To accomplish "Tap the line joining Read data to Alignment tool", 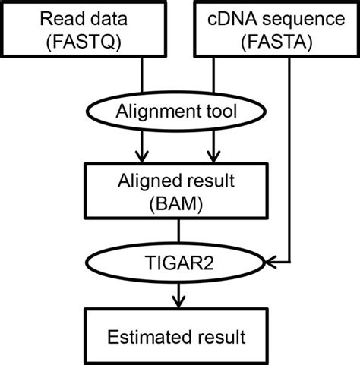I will [143, 76].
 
